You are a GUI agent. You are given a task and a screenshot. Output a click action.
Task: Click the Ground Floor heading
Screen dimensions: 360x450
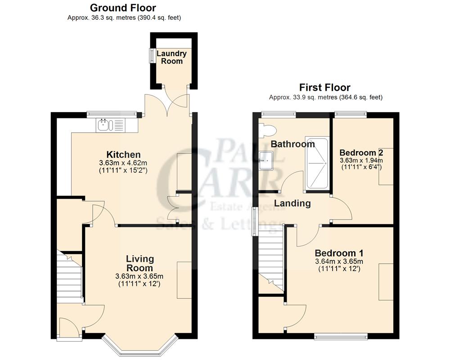click(x=123, y=8)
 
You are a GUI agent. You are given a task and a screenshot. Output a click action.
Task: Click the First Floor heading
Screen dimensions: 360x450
click(x=325, y=87)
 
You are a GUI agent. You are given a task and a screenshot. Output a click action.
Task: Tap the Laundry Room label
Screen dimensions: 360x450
click(x=171, y=57)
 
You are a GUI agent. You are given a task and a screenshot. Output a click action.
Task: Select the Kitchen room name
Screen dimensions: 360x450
click(x=123, y=154)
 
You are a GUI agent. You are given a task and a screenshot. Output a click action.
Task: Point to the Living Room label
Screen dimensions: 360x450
click(x=140, y=263)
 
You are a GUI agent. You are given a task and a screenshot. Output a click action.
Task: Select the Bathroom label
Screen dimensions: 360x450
click(x=292, y=144)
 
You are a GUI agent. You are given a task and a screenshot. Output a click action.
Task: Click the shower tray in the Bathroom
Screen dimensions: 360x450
click(x=317, y=162)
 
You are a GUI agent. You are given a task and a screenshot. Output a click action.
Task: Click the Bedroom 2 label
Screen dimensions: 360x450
click(x=361, y=152)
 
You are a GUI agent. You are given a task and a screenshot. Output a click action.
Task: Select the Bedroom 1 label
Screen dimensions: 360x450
click(x=339, y=253)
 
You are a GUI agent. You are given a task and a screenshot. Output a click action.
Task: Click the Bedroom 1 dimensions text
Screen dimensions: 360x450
click(x=339, y=265)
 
